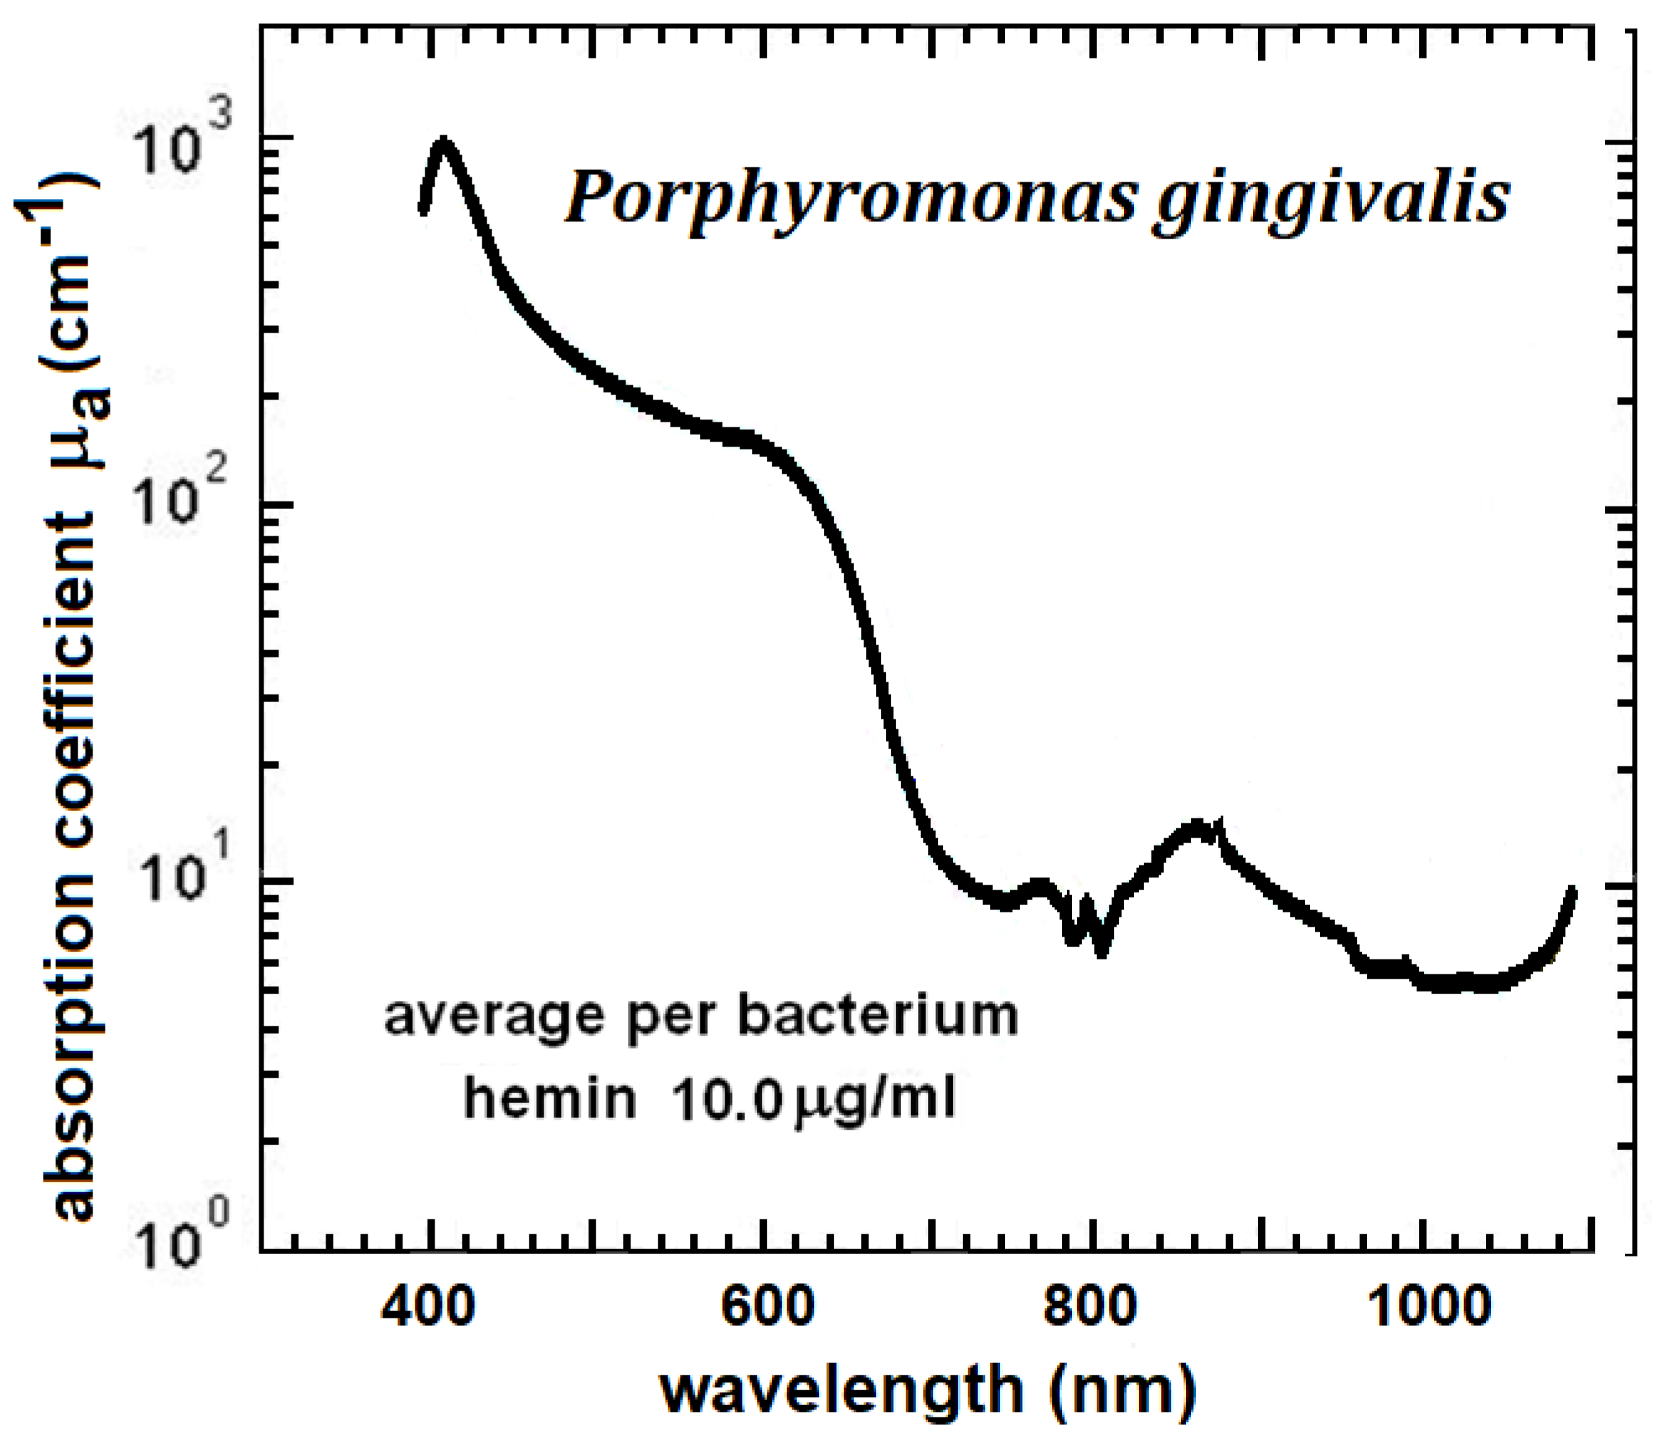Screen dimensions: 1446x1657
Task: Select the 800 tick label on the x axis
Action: click(x=1091, y=1306)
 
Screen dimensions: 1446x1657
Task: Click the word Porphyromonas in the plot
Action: click(x=848, y=202)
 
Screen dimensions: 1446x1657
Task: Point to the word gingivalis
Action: click(x=1331, y=202)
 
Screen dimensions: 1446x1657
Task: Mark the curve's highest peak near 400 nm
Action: click(x=443, y=144)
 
